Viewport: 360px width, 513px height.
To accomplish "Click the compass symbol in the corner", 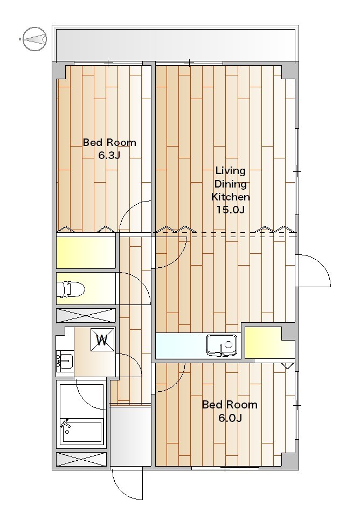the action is point(34,39).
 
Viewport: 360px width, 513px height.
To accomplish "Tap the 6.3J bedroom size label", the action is point(109,155).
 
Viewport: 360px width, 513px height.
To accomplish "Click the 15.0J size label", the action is point(231,210).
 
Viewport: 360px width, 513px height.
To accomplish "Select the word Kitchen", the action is point(231,197).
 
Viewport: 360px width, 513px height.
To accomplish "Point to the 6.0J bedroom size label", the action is point(230,418).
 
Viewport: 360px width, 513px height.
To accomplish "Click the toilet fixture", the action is point(71,289).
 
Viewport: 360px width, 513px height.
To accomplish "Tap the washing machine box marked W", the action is point(102,340).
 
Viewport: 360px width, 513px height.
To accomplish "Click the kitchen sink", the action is point(221,345).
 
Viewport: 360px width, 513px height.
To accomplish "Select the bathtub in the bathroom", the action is point(81,432).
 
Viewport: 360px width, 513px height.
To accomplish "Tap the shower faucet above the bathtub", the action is point(65,424).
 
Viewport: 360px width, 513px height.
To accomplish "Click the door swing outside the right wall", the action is point(313,271).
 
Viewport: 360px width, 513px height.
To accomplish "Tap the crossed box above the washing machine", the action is point(86,316).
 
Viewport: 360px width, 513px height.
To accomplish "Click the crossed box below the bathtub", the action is point(81,459).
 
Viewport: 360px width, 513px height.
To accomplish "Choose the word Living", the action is point(231,171).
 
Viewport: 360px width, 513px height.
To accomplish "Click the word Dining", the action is point(231,184).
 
